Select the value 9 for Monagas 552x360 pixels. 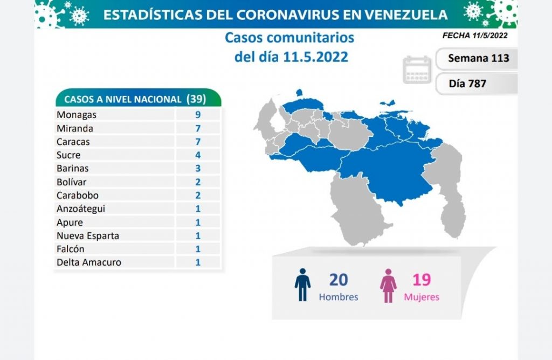coord(198,115)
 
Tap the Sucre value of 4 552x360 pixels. coord(198,155)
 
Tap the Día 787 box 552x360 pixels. coord(468,84)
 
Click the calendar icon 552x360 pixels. coord(417,70)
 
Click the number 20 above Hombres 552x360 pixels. coord(339,280)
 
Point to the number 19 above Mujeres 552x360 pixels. coord(422,280)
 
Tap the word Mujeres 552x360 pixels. coord(422,297)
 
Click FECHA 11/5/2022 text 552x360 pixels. coord(474,36)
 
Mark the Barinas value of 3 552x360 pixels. coord(198,169)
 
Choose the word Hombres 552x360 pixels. coord(339,297)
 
